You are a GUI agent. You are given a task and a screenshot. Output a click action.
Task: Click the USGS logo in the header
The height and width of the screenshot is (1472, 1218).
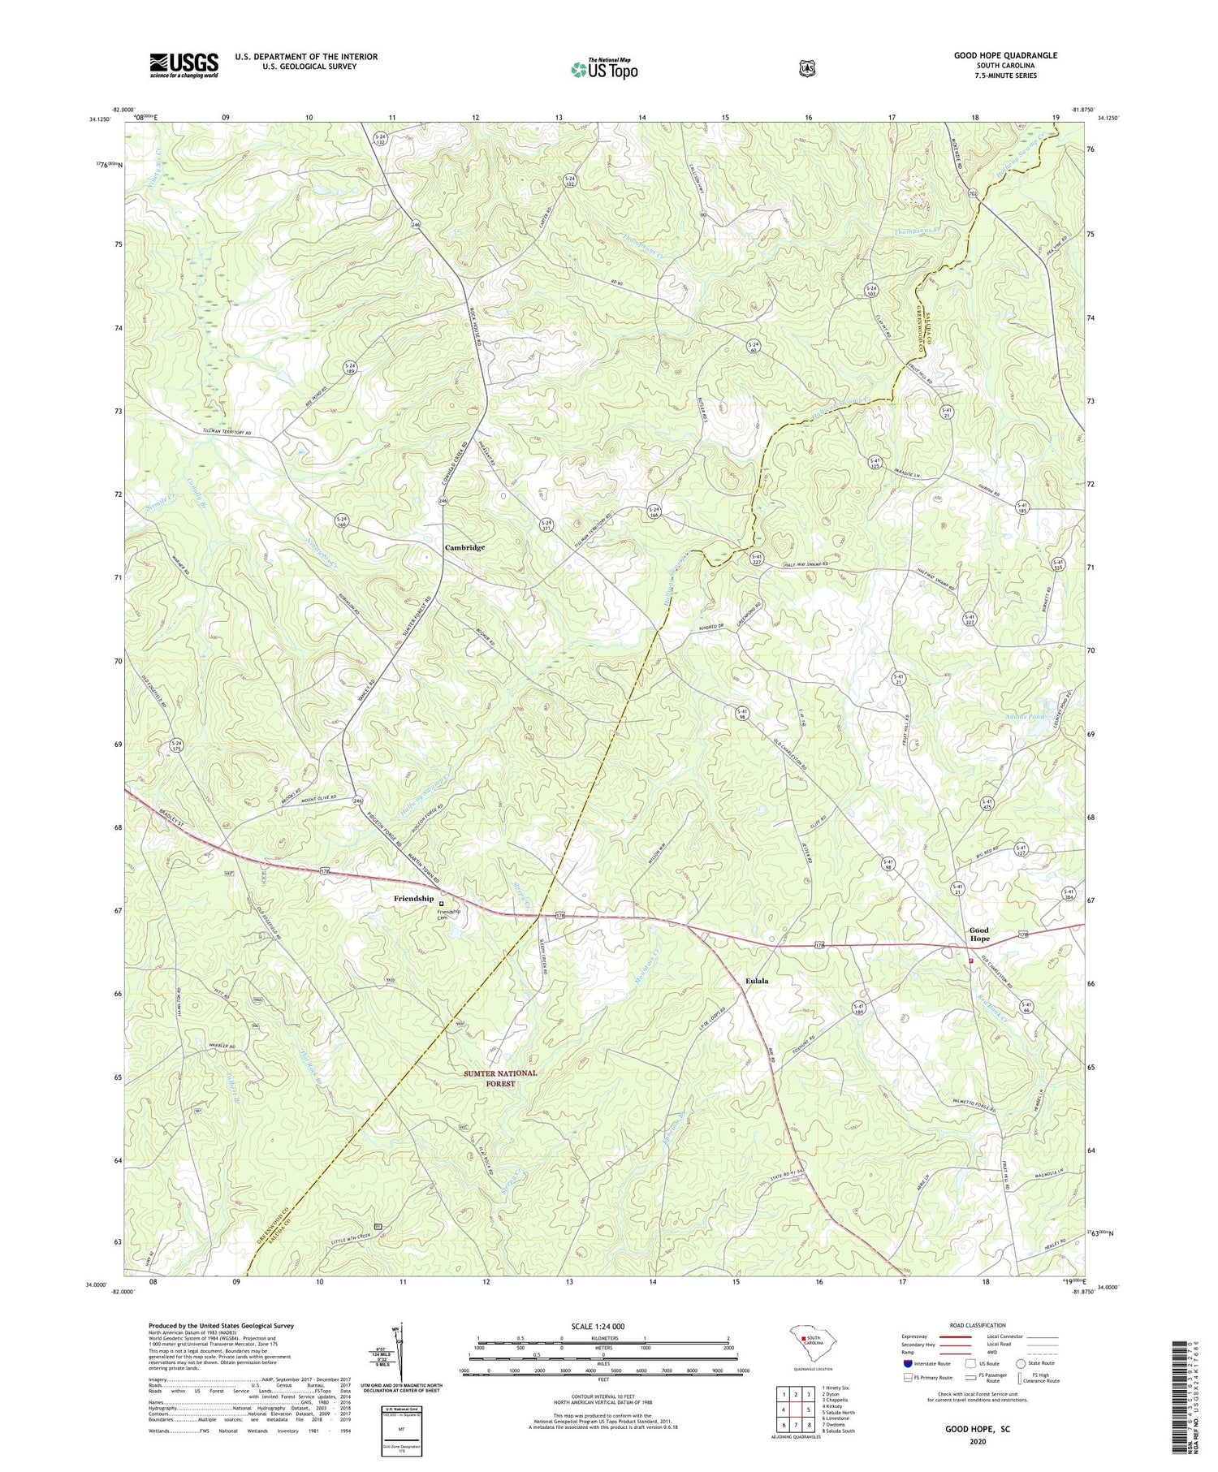pyautogui.click(x=184, y=65)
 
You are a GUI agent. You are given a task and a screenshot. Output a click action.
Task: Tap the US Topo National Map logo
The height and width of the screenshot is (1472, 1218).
pyautogui.click(x=604, y=68)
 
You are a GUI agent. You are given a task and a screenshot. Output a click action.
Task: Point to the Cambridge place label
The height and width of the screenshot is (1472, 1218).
pyautogui.click(x=464, y=547)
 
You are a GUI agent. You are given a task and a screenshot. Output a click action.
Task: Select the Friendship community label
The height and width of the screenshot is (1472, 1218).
pyautogui.click(x=413, y=899)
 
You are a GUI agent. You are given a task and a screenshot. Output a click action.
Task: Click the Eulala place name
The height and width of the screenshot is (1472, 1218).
pyautogui.click(x=757, y=981)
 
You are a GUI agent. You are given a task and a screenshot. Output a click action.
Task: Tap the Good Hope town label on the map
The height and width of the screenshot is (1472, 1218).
pyautogui.click(x=979, y=935)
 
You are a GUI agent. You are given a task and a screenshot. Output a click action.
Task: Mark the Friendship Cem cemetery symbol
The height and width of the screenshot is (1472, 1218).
pyautogui.click(x=442, y=904)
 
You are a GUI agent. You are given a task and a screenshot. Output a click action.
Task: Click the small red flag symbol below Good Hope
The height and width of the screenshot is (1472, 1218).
pyautogui.click(x=971, y=960)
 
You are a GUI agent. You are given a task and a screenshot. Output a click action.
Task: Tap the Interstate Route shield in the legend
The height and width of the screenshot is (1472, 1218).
pyautogui.click(x=907, y=1363)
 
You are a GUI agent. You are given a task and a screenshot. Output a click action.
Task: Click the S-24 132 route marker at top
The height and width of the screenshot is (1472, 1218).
pyautogui.click(x=380, y=139)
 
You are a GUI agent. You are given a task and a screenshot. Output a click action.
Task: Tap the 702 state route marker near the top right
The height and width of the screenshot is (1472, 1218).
pyautogui.click(x=973, y=195)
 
